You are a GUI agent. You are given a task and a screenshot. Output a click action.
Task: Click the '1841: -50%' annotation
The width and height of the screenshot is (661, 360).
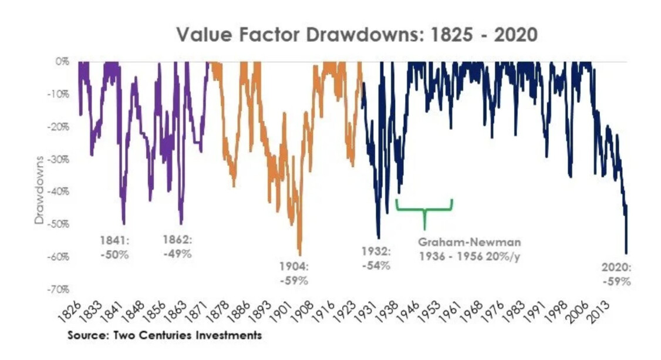tap(114, 247)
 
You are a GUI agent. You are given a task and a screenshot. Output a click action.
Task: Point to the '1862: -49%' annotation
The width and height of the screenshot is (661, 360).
tap(177, 247)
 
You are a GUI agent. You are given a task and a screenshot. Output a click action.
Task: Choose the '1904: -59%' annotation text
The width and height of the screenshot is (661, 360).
tap(294, 273)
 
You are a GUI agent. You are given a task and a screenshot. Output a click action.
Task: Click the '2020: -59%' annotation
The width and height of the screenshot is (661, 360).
tap(616, 274)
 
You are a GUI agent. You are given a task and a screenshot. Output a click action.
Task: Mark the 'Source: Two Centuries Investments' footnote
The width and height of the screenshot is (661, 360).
tap(164, 335)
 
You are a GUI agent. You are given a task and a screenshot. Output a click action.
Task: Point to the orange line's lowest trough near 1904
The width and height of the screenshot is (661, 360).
tap(300, 254)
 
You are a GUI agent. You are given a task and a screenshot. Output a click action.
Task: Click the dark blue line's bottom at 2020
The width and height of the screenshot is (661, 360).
tap(626, 252)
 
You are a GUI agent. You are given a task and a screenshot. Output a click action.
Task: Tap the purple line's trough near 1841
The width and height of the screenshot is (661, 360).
tap(123, 223)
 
